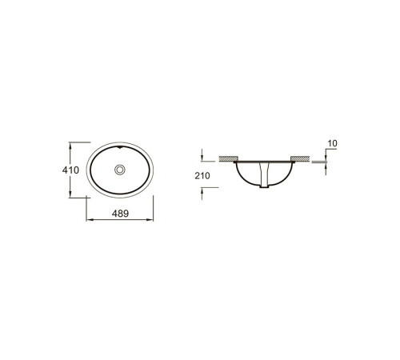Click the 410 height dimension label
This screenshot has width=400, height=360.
(70, 170)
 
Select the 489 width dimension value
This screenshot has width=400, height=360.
(120, 214)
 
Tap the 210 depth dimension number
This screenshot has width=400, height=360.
(202, 176)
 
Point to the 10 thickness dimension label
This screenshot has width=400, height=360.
(332, 143)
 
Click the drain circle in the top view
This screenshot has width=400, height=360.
(120, 170)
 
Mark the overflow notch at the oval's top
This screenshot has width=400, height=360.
(120, 147)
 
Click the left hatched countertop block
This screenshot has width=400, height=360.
(229, 158)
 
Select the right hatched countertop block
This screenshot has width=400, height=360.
(300, 158)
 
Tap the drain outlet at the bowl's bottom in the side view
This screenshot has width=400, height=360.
(264, 186)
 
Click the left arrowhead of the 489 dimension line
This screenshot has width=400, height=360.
(90, 220)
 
